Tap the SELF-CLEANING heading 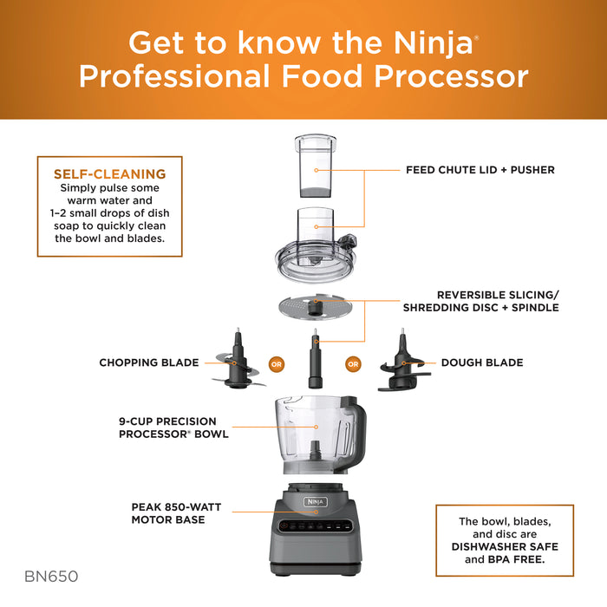(110, 173)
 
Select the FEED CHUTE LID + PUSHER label (480, 170)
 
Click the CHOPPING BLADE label (149, 362)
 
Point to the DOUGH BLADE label (482, 362)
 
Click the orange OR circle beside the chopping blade (277, 363)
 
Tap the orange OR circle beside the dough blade (353, 363)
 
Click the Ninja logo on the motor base (314, 500)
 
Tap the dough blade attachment (402, 364)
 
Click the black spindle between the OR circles (315, 364)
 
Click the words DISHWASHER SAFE (493, 546)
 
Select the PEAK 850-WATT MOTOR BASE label (168, 513)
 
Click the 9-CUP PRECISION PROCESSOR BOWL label (173, 427)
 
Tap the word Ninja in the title (424, 42)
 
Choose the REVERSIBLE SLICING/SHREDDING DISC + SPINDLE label (479, 301)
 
